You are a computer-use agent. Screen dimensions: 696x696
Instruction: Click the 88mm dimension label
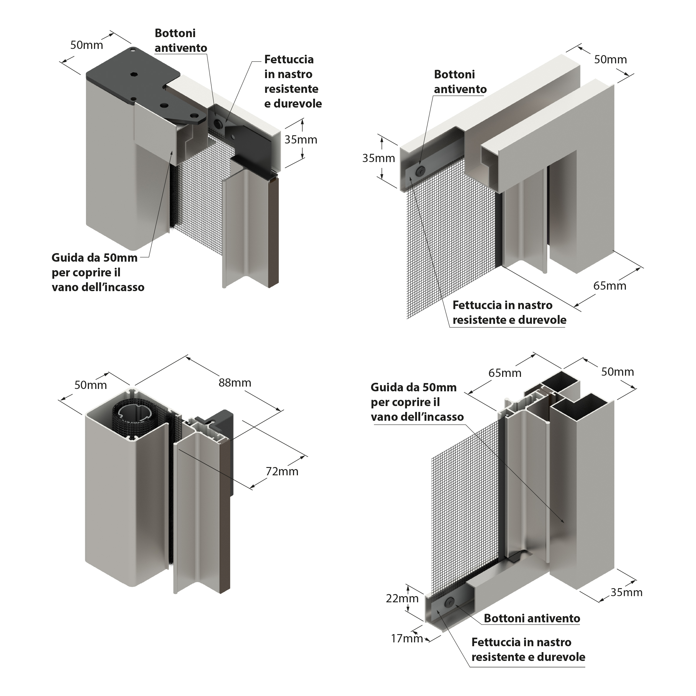[x=235, y=382]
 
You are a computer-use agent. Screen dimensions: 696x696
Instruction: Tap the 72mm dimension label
[x=282, y=471]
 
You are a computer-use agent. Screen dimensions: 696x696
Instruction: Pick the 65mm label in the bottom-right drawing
[x=505, y=373]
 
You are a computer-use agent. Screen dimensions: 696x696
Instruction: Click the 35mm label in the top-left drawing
[x=301, y=139]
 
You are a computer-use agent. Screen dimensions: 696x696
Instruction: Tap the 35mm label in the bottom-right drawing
[x=626, y=592]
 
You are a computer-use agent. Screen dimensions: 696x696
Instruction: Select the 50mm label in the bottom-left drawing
[x=90, y=385]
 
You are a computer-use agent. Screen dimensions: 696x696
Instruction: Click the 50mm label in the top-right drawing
[x=610, y=60]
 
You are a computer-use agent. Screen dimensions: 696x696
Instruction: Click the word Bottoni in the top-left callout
[x=175, y=33]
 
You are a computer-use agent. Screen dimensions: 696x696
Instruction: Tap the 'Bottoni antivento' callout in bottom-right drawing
[x=532, y=618]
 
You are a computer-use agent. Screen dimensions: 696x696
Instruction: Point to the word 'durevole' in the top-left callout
[x=298, y=104]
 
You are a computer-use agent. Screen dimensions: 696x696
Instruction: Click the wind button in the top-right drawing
[x=420, y=171]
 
